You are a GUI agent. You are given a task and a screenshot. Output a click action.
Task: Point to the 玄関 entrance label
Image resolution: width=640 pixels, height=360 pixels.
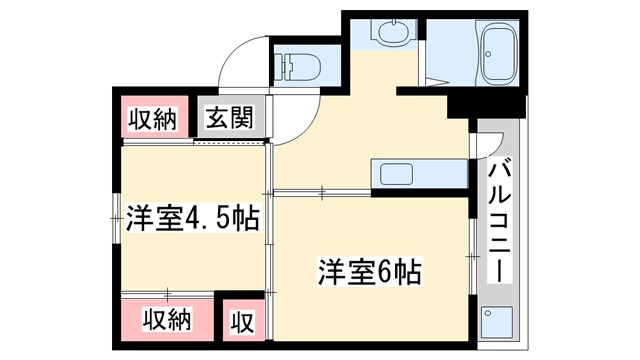tap(230, 119)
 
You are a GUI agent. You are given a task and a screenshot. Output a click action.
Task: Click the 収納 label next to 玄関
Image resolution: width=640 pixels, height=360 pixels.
tap(152, 119)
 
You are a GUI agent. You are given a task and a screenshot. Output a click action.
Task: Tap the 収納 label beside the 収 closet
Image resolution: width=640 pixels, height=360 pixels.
tap(165, 321)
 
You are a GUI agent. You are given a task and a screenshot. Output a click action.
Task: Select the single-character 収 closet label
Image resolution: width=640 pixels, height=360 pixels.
tap(242, 323)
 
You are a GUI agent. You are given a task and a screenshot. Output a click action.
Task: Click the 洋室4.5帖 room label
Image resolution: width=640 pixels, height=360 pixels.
tap(193, 217)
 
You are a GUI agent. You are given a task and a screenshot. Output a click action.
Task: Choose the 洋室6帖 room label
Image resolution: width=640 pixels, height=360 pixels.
tap(368, 270)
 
